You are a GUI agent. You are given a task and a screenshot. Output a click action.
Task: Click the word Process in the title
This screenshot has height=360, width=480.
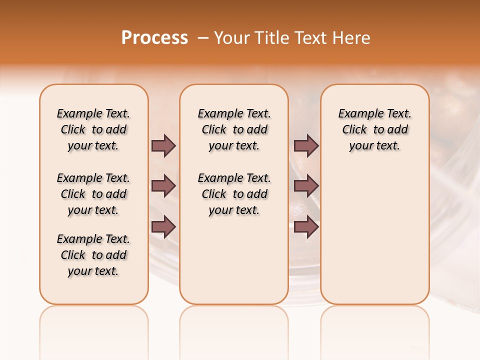(154, 38)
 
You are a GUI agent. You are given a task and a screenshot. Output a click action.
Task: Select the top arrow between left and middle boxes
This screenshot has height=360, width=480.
(163, 145)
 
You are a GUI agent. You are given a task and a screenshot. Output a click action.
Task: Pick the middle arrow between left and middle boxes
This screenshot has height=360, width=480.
(163, 186)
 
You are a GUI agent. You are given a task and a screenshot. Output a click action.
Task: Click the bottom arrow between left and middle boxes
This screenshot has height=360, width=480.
(163, 227)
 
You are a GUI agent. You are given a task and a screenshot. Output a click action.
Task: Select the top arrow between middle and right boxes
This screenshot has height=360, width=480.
(306, 145)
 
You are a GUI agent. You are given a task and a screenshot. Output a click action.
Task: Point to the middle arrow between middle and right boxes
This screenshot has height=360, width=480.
(306, 186)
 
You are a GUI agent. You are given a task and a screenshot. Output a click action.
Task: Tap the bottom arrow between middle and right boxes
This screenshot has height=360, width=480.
(306, 227)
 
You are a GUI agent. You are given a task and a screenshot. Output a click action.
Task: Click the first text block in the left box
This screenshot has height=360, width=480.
(93, 129)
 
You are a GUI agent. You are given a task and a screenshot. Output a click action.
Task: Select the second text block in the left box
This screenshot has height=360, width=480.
(93, 194)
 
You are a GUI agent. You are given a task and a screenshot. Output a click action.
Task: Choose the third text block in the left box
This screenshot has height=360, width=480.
(93, 255)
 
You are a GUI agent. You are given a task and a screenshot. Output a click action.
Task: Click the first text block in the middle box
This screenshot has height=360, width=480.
(234, 129)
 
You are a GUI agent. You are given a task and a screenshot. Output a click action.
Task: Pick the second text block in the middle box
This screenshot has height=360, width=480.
(234, 194)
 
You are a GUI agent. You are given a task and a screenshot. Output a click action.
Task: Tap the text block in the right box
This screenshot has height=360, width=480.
(375, 129)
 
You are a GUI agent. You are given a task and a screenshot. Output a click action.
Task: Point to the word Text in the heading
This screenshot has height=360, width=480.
(310, 38)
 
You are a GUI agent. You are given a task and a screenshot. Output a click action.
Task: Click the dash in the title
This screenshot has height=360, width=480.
(202, 38)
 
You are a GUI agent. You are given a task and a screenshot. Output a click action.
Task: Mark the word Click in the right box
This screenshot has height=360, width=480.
(354, 130)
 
